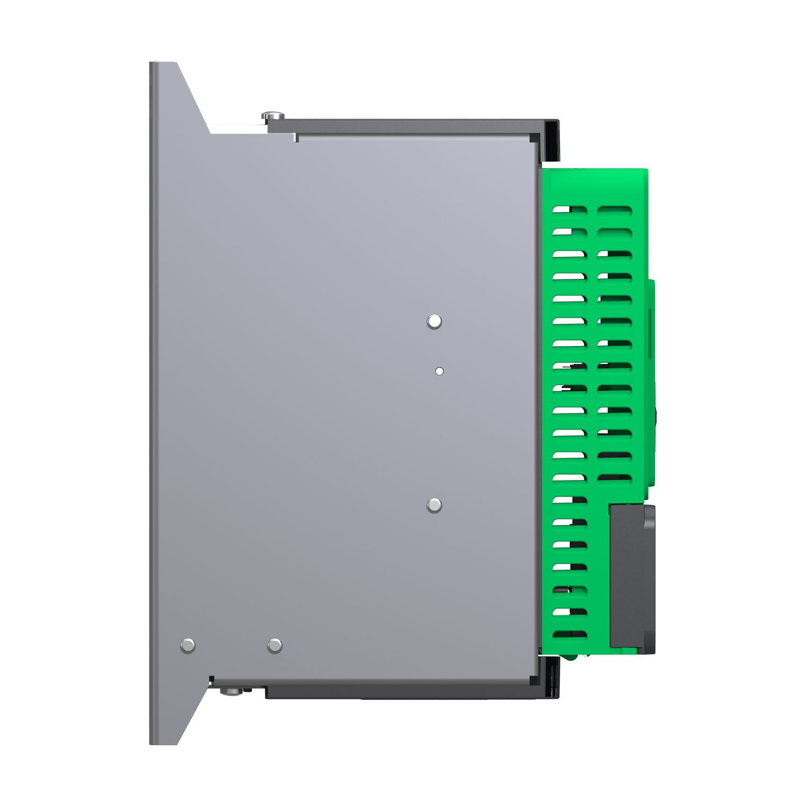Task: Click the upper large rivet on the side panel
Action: (x=434, y=321)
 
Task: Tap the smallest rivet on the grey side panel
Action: (x=440, y=371)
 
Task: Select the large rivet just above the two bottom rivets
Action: (x=434, y=505)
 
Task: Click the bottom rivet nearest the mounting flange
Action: (x=188, y=645)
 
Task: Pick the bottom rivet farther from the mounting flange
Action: (x=275, y=645)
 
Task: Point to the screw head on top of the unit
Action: (x=273, y=116)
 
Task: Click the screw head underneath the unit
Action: (x=233, y=691)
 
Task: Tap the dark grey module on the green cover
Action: (x=632, y=578)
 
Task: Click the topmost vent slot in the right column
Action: (x=615, y=210)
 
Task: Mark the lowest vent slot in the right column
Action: (x=615, y=477)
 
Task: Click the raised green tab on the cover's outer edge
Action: (x=651, y=382)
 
